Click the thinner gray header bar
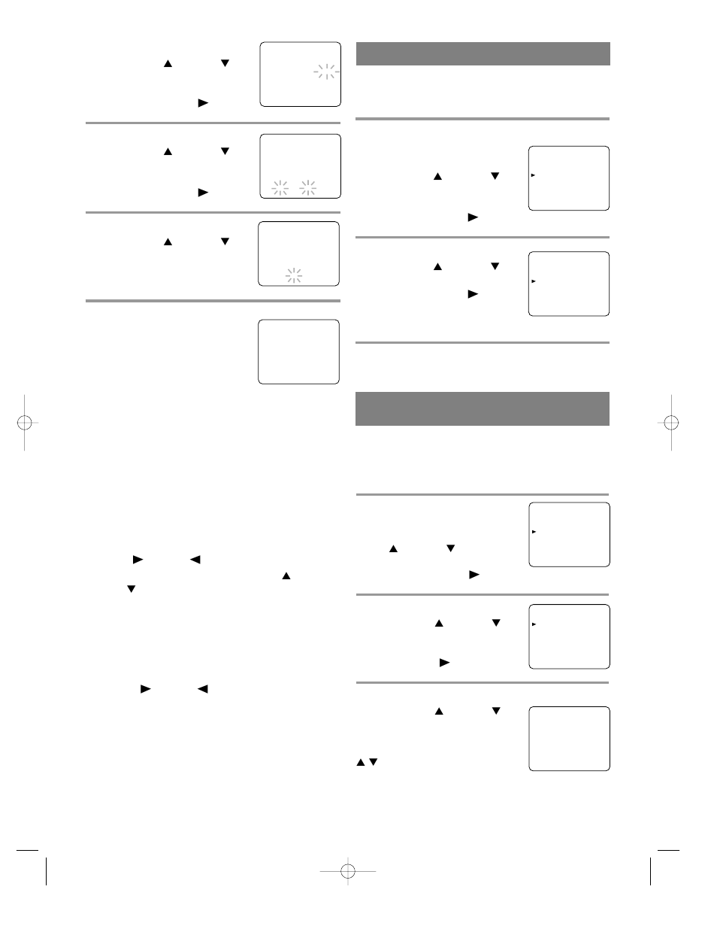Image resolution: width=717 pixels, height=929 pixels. [x=483, y=54]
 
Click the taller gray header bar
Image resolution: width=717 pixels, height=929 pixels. [x=482, y=408]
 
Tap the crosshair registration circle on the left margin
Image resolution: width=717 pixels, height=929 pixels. [x=24, y=422]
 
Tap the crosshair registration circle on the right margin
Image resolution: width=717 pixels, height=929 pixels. [x=671, y=422]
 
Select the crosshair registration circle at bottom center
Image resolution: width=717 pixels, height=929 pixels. [x=347, y=871]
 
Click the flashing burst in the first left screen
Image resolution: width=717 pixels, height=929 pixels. [x=326, y=72]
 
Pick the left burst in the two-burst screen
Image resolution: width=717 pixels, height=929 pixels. [x=280, y=188]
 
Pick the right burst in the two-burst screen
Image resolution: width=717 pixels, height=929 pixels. [x=307, y=188]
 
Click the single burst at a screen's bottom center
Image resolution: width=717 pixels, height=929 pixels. [x=294, y=275]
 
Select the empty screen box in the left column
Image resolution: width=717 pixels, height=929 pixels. [x=298, y=351]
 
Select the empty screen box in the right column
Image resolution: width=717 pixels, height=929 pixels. [x=569, y=738]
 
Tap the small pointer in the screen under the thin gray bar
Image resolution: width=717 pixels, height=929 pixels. [x=533, y=175]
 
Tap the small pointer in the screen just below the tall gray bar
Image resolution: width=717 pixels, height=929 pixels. [x=533, y=532]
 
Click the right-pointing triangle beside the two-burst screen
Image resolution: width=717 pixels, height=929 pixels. [x=203, y=193]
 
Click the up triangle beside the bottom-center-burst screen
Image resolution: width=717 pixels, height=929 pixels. [x=168, y=242]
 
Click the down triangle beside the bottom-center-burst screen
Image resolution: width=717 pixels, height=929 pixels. [x=224, y=242]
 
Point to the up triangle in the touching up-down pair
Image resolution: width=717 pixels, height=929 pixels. [x=361, y=762]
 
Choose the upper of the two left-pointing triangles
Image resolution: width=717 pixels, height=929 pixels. [x=195, y=560]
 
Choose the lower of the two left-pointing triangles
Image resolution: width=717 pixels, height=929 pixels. [x=202, y=689]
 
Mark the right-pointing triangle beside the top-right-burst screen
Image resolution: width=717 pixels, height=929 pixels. [x=203, y=103]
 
